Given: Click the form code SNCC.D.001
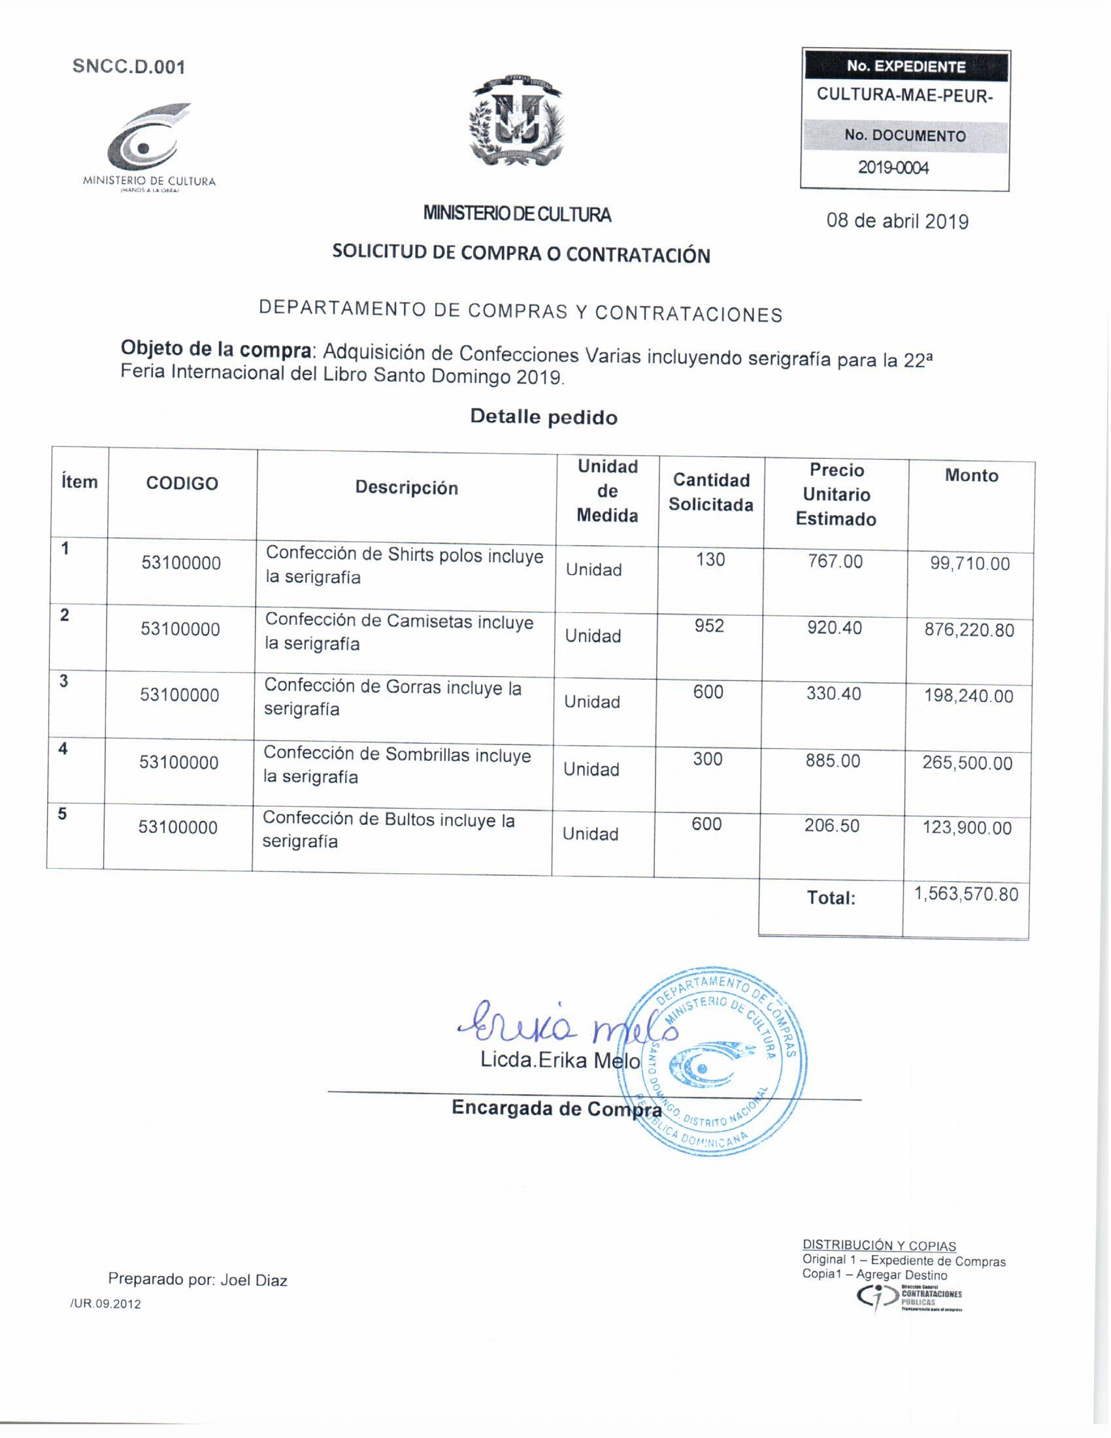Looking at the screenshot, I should pos(129,67).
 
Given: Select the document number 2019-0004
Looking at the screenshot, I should pos(893,168).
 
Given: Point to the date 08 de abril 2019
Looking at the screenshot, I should pos(897,221).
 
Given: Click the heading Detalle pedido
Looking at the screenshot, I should pos(544,417).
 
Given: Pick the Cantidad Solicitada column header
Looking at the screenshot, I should pos(711,492).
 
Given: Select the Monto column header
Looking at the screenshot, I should pos(971,475).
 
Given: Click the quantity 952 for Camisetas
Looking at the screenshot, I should pos(710,626).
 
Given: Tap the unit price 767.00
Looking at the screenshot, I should pos(835,561).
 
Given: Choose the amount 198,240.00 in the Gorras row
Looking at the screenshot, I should pos(969,696).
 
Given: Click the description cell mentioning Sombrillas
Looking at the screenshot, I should pos(397,765).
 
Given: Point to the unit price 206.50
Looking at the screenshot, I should pos(832,826).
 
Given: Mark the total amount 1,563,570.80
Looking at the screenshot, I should pos(966,894).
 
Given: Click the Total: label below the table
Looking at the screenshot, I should pos(831,898).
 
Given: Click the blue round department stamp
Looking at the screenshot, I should pos(714,1060).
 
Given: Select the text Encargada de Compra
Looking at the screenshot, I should pos(557,1109).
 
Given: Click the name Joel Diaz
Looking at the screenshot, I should pos(254,1280).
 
